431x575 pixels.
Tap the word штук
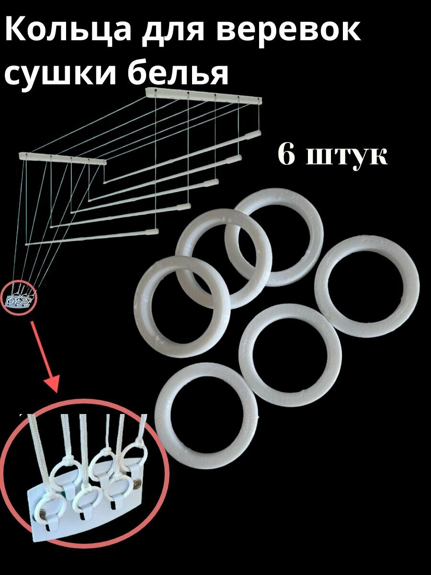347,157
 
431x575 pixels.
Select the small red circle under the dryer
19,298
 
